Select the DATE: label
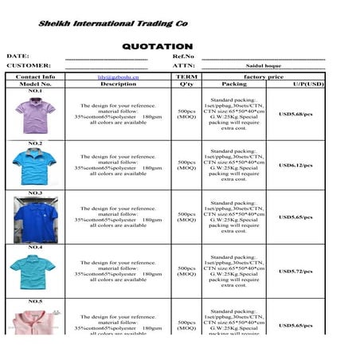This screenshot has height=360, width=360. pos(18,57)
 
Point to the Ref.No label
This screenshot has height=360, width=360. pos(183,57)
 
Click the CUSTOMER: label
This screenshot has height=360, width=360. pos(29,65)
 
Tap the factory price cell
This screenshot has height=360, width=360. pos(263,77)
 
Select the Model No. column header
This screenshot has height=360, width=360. pos(35,84)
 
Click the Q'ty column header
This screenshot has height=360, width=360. pos(186,84)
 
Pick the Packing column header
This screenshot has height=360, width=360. pos(233,84)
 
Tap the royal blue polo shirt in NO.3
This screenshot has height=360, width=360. pos(35,220)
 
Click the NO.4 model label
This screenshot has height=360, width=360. pos(35,248)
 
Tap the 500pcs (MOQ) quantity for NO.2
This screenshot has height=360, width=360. pos(186,165)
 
